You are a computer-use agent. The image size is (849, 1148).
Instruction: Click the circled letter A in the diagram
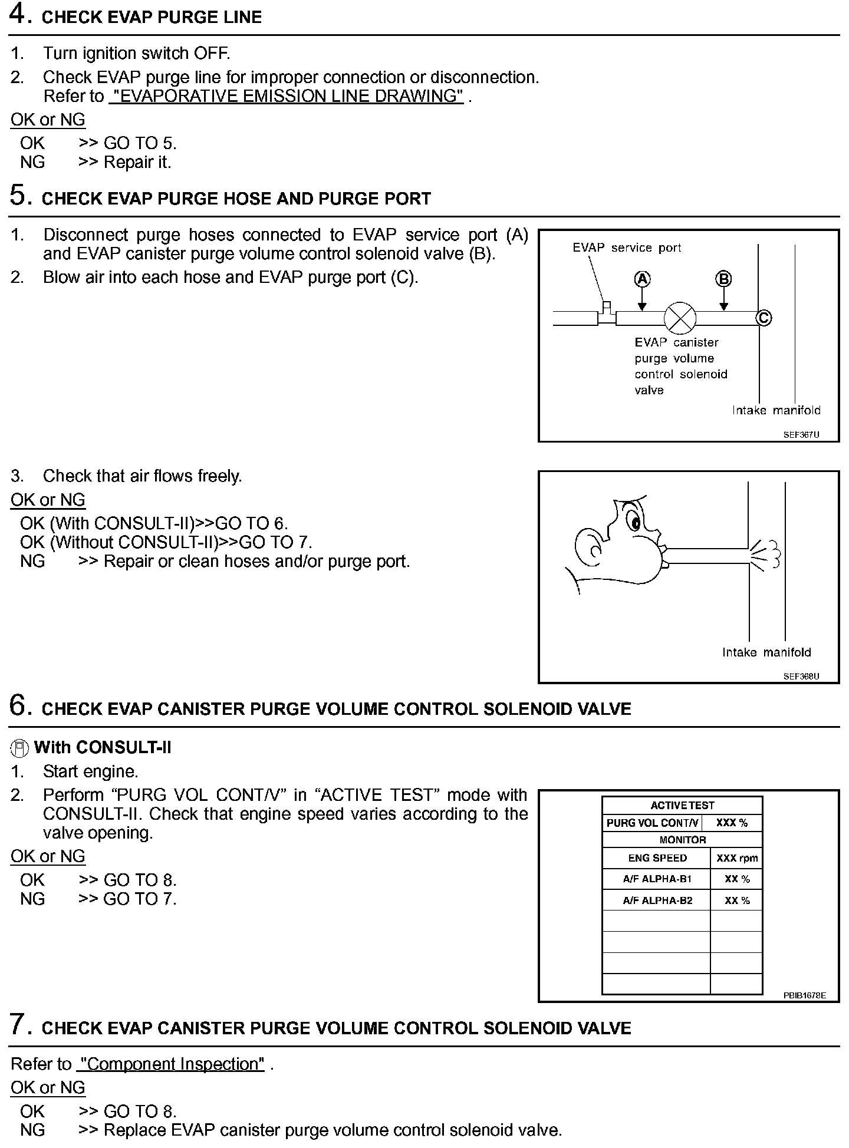(642, 279)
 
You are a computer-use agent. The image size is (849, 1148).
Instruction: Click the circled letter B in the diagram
(723, 279)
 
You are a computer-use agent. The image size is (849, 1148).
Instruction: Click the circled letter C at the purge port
(764, 318)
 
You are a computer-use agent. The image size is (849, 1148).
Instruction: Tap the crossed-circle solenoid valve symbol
(680, 318)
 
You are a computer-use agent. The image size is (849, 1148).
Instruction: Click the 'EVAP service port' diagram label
(626, 248)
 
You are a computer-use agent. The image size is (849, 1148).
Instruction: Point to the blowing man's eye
(634, 522)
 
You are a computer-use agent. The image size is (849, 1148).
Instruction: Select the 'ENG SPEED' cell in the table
(657, 858)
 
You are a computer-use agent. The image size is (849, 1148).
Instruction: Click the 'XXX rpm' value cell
(736, 858)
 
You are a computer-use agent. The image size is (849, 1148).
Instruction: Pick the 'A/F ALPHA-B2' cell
(657, 900)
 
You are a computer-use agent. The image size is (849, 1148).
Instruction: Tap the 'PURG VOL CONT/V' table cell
(652, 823)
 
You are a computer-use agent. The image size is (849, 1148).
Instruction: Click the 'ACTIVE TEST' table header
(682, 806)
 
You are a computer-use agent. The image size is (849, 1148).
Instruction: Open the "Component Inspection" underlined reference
(171, 1064)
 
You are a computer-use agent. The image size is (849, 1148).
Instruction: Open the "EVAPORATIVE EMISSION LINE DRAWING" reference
(286, 96)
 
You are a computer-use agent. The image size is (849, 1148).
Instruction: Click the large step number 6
(19, 705)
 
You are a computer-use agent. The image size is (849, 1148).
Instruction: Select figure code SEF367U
(801, 435)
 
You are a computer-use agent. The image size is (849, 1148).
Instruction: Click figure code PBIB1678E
(804, 995)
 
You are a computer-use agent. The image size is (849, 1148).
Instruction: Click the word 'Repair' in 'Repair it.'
(124, 162)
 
